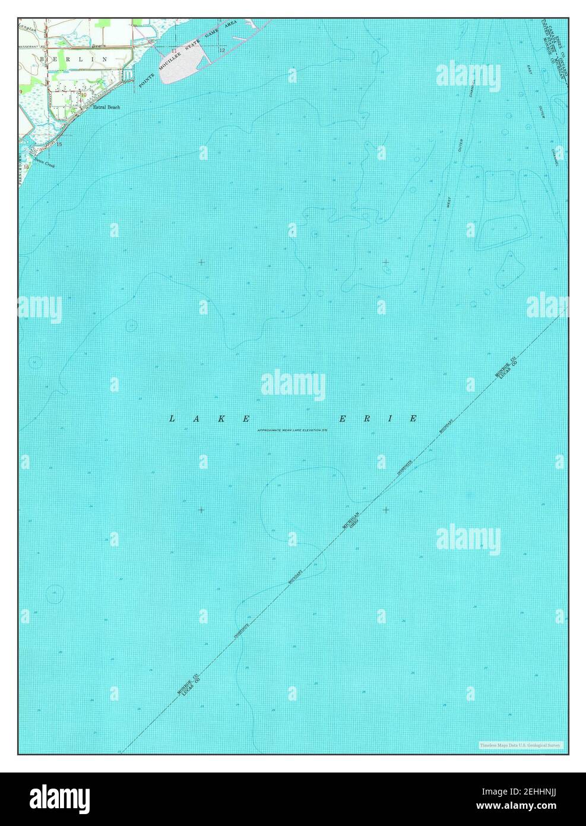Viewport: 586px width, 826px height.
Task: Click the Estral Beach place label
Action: click(106, 107)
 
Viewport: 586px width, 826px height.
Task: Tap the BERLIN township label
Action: click(74, 59)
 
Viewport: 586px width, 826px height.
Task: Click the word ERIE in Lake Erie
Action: click(378, 419)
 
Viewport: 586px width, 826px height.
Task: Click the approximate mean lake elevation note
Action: click(292, 430)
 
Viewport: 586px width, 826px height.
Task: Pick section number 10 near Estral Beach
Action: click(84, 94)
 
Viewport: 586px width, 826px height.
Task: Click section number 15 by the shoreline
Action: click(59, 144)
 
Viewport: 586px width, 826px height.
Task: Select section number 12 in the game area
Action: click(221, 51)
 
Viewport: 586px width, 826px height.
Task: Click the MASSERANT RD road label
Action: click(32, 46)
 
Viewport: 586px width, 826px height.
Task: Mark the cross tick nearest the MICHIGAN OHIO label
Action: click(386, 510)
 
